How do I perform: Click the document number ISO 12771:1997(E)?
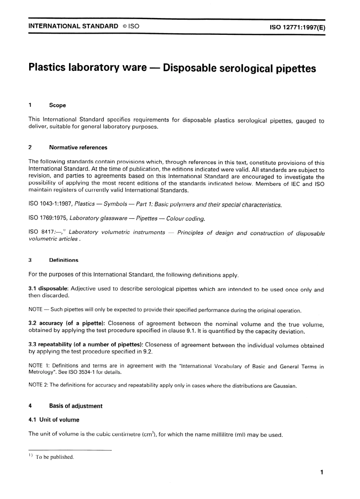tap(297, 27)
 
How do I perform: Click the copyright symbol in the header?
tap(125, 27)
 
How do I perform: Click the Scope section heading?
tap(57, 105)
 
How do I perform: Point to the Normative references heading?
tap(78, 147)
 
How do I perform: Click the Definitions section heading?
tap(64, 260)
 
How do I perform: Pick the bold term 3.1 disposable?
tap(48, 289)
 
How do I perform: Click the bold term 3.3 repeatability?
tap(50, 344)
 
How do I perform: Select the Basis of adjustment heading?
tap(76, 406)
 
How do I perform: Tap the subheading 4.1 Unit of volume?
tap(54, 420)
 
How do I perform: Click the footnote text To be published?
tap(55, 457)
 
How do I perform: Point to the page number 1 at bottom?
tap(322, 472)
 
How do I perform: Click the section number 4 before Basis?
tap(30, 406)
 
